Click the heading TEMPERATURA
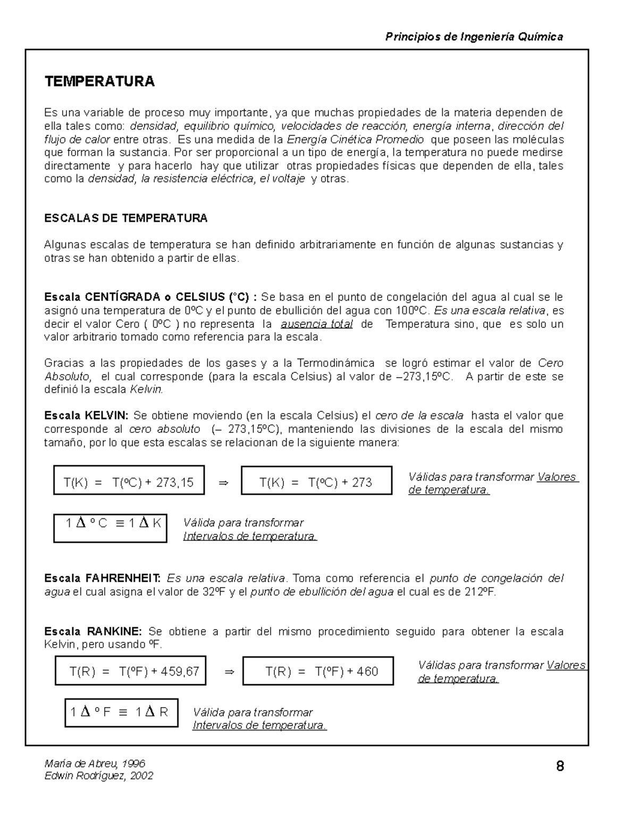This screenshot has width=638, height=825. point(99,81)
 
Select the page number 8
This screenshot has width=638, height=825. point(560,766)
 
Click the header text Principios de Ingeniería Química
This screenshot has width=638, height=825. point(474,37)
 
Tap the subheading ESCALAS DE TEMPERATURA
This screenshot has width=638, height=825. point(125,218)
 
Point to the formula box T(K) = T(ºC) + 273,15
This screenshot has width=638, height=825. point(129,480)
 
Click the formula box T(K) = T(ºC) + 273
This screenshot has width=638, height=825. point(316,480)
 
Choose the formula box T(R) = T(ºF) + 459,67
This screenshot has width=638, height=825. point(131,670)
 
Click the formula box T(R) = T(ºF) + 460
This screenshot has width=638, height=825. point(318,671)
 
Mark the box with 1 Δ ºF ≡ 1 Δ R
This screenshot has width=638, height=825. point(121,712)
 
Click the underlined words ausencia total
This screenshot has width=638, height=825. point(316,324)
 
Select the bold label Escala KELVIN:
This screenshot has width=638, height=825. point(86,415)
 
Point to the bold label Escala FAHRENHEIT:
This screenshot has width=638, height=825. point(103,578)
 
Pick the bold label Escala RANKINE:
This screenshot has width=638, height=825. point(93,632)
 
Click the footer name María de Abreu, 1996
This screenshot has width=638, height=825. point(95,763)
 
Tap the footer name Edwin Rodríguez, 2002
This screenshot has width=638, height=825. point(99,776)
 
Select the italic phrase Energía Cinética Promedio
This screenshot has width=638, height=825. point(355,139)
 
